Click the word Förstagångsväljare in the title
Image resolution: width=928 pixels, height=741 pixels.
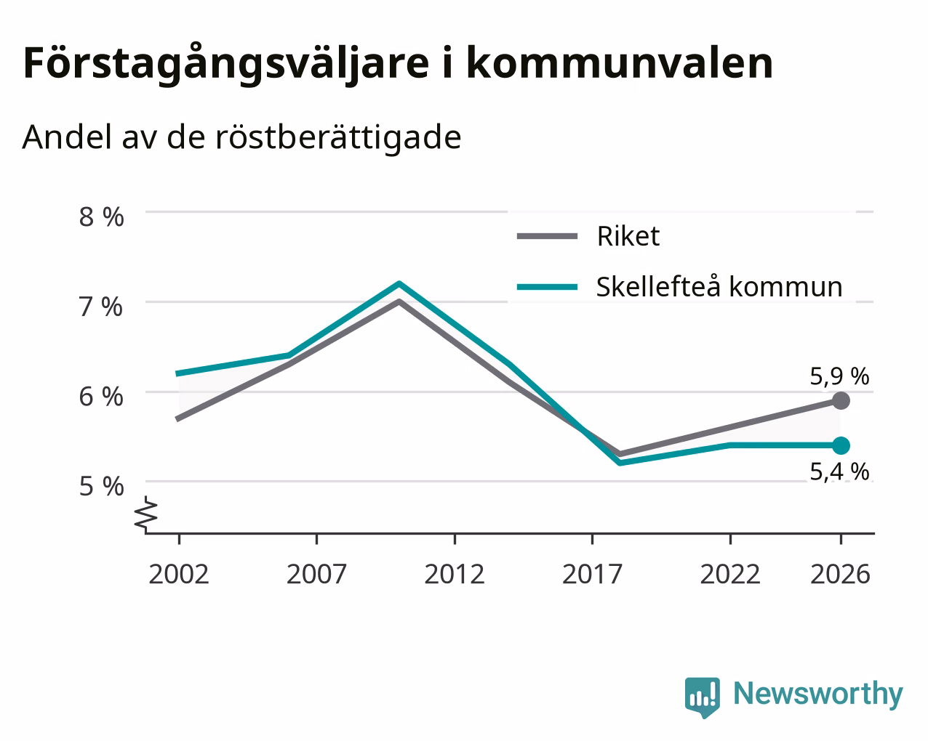226,64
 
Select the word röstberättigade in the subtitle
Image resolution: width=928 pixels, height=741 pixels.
338,137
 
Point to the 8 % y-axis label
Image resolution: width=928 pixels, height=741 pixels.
101,216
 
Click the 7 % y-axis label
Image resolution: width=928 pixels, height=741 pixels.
101,307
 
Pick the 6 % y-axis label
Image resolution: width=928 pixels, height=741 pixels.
101,397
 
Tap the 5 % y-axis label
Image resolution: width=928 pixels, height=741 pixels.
101,487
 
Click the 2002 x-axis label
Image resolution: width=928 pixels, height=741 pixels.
178,574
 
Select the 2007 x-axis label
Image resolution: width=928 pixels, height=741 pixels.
316,574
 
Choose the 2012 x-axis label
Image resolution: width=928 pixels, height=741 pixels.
455,574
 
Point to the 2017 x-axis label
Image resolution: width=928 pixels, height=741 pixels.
592,574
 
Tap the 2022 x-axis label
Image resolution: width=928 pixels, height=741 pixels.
730,574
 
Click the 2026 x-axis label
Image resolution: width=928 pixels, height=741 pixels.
841,574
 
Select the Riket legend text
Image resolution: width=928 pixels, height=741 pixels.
628,236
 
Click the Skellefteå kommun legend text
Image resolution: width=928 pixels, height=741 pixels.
719,286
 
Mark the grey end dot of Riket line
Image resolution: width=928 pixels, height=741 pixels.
841,401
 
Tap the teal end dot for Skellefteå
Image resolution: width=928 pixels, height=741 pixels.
841,445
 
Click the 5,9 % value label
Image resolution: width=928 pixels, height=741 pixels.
839,376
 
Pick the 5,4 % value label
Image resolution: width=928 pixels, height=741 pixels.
839,471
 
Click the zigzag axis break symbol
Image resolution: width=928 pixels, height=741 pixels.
145,512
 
